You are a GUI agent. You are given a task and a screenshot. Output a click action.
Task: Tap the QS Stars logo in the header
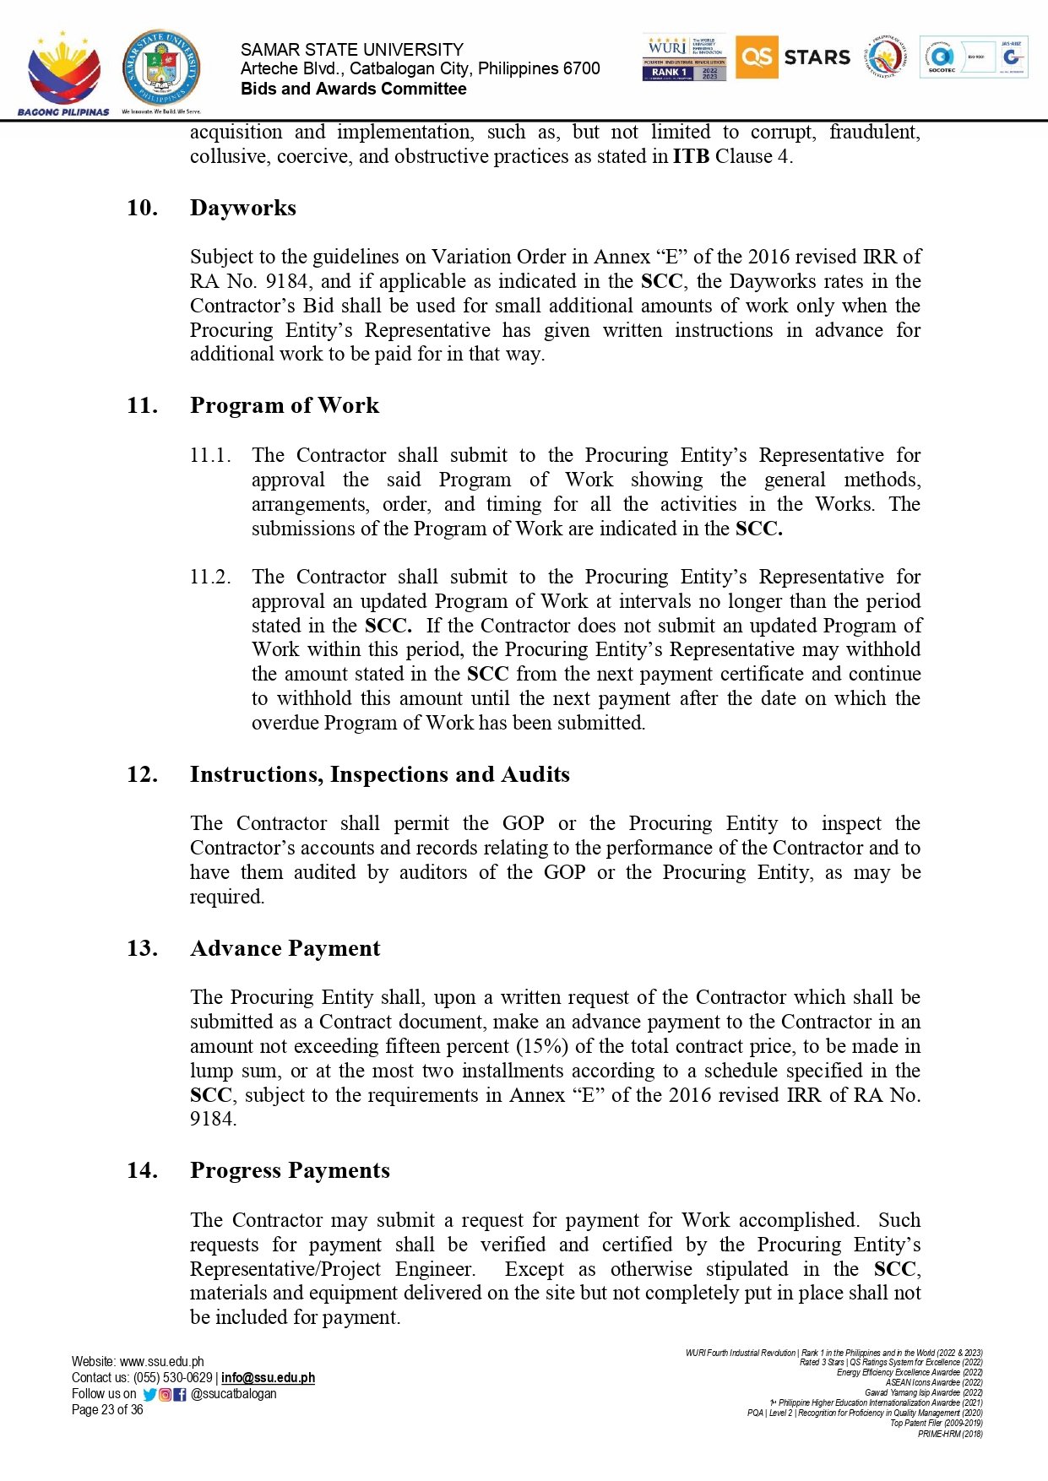coord(793,57)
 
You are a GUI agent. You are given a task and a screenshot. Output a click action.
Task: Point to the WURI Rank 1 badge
coord(684,57)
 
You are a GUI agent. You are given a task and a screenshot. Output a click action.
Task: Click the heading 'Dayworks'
coord(243,208)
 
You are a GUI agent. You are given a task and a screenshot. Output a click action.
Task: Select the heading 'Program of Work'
coord(285,405)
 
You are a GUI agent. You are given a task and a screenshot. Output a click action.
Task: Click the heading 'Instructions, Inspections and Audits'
coord(379,774)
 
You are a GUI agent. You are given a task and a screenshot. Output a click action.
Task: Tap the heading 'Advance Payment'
coord(285,948)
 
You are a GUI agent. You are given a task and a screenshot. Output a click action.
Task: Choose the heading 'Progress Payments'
coord(290,1170)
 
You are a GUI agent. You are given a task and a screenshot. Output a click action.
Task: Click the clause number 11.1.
coord(209,455)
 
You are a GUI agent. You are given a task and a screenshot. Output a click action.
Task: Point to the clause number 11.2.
coord(209,577)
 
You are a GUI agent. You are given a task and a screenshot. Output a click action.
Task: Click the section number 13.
coord(142,948)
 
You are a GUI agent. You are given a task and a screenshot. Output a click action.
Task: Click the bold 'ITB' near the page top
coord(691,156)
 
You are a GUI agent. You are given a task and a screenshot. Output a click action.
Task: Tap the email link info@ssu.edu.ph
coord(268,1377)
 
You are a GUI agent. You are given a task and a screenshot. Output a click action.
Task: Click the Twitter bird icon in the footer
coord(149,1394)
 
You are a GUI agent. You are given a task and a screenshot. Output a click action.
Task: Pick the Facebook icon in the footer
coord(179,1394)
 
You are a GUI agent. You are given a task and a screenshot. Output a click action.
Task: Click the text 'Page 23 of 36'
coord(107,1409)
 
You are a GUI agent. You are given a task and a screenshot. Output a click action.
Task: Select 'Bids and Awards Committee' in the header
coord(353,89)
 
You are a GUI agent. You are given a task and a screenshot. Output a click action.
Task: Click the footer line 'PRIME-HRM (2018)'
coord(950,1433)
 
